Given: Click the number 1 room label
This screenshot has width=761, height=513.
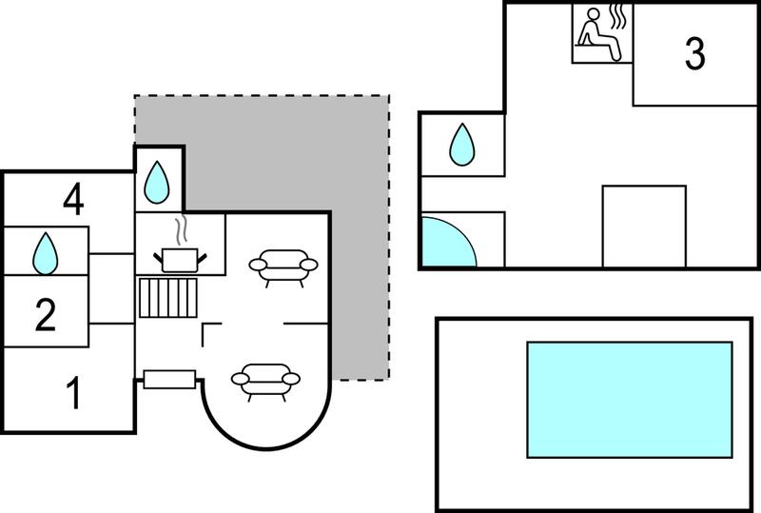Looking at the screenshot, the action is [74, 393].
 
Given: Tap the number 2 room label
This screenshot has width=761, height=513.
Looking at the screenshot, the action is [46, 315].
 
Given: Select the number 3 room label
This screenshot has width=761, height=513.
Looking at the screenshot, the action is [694, 54].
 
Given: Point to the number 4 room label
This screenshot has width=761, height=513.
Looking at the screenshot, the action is [73, 199].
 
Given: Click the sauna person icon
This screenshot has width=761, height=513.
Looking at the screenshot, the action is [598, 34].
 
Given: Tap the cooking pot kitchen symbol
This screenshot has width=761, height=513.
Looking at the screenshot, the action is [180, 260].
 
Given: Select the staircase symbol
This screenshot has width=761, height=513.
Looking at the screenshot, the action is [168, 297].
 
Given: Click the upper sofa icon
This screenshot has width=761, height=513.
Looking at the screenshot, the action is [283, 267].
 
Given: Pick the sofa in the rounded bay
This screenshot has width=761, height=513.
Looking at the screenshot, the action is [266, 382].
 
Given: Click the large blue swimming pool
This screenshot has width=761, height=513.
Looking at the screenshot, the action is [630, 400].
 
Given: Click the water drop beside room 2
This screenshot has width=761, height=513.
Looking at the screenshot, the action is [45, 253].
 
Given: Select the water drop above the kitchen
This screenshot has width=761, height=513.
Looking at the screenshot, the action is [157, 182].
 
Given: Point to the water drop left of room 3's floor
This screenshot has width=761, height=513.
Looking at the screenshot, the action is [462, 145].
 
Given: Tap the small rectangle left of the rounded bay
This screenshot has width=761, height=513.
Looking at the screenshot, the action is [169, 380].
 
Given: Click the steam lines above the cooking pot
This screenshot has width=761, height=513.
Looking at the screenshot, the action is [181, 229].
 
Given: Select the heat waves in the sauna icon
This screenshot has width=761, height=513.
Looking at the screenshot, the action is [617, 16].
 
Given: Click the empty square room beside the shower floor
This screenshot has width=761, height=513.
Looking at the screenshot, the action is [644, 226].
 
